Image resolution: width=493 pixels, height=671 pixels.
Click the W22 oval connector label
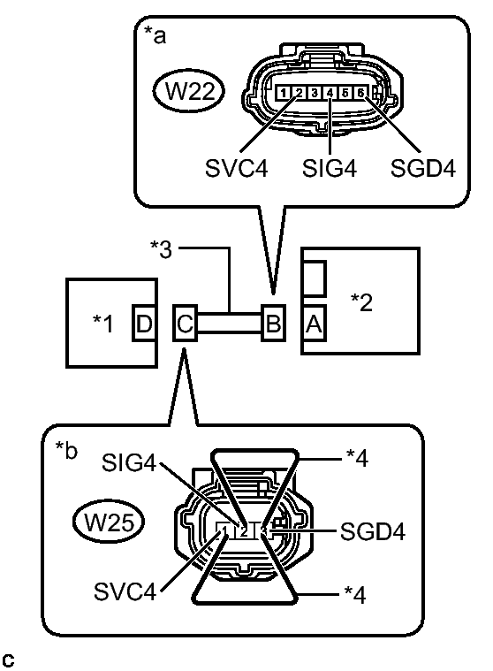[188, 91]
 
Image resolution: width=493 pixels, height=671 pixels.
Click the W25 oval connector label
[109, 522]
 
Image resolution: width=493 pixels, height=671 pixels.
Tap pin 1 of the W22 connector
[284, 93]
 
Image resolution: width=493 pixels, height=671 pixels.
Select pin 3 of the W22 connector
[315, 93]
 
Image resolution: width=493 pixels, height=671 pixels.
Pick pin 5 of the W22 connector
[345, 93]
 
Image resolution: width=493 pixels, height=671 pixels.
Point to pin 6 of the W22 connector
[360, 93]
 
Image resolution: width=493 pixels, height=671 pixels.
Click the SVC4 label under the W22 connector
[237, 168]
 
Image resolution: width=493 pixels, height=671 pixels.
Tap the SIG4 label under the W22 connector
[330, 168]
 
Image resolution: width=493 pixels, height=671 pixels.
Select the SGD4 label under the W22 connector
[423, 168]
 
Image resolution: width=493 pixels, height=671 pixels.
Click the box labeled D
[143, 324]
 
